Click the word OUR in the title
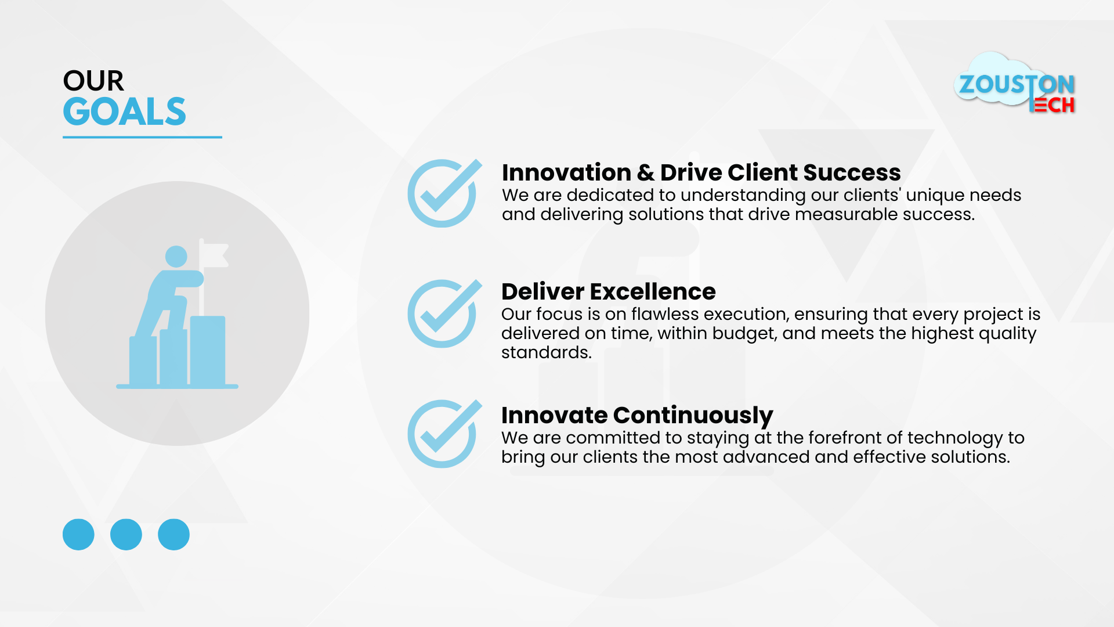[93, 81]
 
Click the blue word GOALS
[124, 111]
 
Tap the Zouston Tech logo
[1015, 83]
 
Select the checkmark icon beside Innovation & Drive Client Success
[444, 193]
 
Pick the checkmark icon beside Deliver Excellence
[444, 313]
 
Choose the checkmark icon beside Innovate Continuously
[444, 434]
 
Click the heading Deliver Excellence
[609, 291]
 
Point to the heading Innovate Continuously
[637, 416]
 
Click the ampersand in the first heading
[645, 173]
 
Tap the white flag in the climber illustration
[214, 255]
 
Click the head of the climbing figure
[176, 257]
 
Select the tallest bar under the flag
[208, 351]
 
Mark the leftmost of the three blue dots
[78, 534]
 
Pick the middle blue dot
[126, 534]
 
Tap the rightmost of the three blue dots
[173, 534]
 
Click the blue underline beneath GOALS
[142, 137]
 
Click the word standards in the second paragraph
[546, 352]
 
